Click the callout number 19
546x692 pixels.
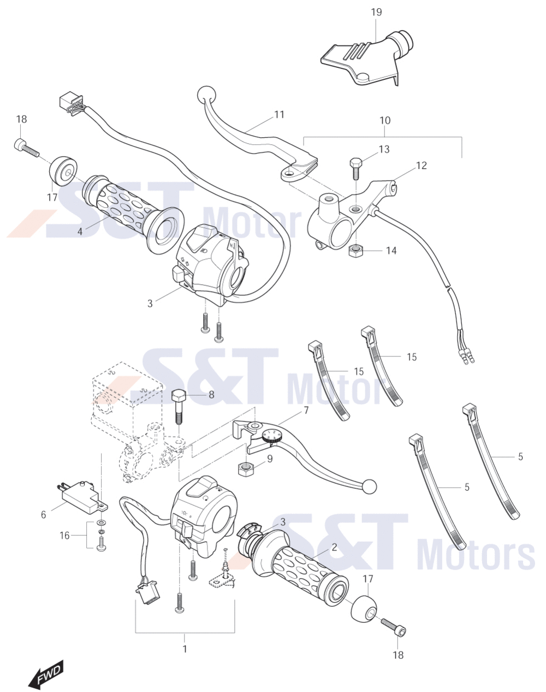pos(376,12)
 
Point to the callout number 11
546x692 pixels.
pos(279,114)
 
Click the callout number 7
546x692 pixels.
pos(306,410)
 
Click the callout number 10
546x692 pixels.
pos(385,120)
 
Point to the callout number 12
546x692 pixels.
pos(422,166)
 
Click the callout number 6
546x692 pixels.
pos(44,514)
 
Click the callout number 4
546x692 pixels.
pos(80,231)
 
